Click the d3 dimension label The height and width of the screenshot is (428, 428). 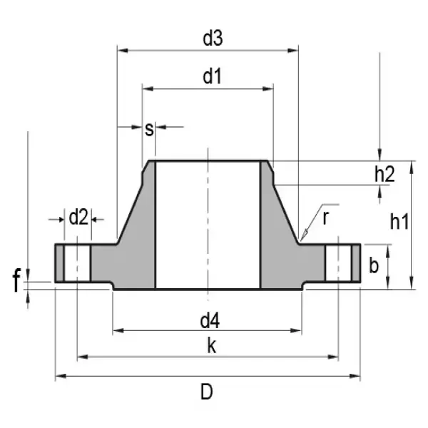212,39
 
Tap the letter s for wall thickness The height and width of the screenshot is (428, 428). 149,128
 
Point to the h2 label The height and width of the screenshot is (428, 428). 384,173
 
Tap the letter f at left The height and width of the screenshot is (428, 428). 16,282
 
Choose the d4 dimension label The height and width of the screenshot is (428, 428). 210,319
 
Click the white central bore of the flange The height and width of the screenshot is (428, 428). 207,228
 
